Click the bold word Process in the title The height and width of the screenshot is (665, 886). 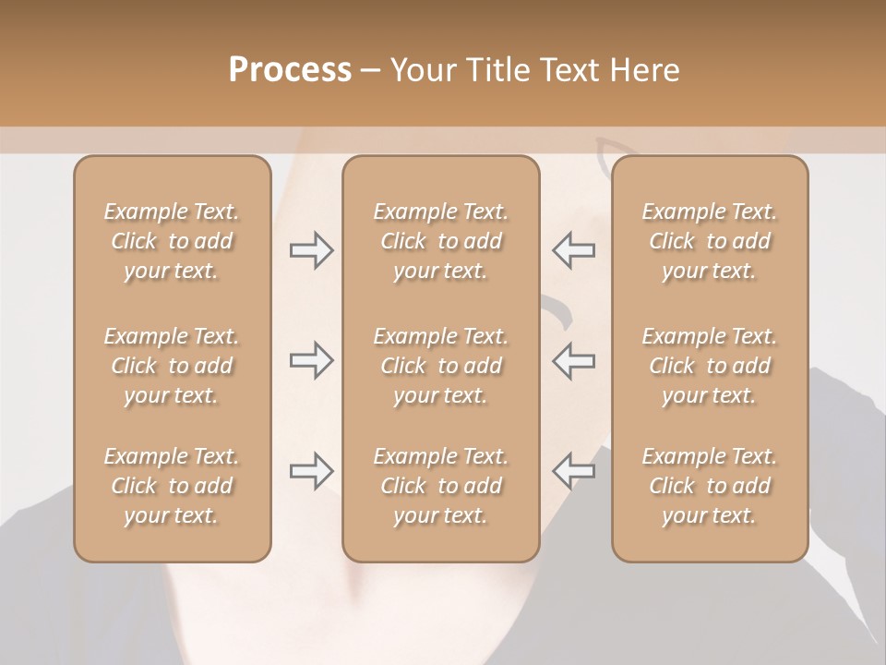(290, 70)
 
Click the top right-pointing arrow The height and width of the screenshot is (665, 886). (311, 250)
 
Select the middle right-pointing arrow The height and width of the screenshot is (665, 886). (311, 360)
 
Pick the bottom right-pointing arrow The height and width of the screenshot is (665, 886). (311, 471)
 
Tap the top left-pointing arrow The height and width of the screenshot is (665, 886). (574, 250)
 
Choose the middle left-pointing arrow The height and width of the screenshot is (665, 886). (574, 360)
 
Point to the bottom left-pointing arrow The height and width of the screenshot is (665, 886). (574, 471)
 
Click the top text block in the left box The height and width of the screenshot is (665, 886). (172, 241)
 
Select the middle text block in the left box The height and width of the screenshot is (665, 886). (172, 366)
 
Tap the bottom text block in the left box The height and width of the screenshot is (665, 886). (172, 486)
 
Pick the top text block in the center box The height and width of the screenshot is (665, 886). (440, 241)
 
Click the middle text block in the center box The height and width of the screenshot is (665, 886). (440, 366)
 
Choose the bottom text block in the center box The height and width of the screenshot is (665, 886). (440, 486)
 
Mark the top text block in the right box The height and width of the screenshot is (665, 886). (709, 241)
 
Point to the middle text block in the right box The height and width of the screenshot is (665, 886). (709, 366)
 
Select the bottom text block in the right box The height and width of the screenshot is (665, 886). (709, 486)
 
